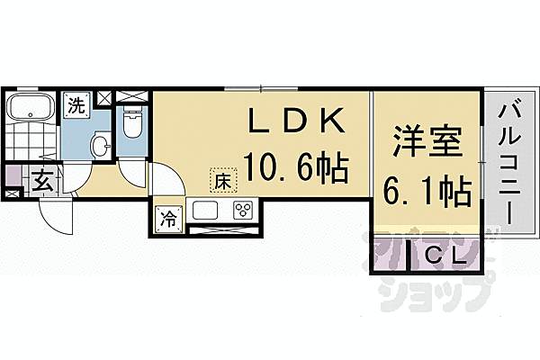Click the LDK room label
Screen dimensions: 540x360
(x=297, y=121)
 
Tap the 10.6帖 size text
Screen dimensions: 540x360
(x=296, y=168)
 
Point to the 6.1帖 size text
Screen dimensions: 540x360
(x=427, y=191)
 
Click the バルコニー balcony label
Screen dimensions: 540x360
(x=509, y=165)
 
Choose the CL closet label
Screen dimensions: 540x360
(x=446, y=256)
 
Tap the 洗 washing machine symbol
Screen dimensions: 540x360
(x=76, y=106)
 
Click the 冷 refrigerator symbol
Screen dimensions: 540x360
(x=169, y=220)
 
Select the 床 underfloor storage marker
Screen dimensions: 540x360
(x=223, y=180)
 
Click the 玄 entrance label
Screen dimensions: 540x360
(x=42, y=181)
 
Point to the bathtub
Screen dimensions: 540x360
(x=31, y=106)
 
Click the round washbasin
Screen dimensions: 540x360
(x=101, y=146)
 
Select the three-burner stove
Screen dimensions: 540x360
(x=243, y=210)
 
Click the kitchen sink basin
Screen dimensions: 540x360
(x=205, y=210)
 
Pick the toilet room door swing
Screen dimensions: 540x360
(x=132, y=174)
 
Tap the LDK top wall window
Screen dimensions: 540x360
(x=261, y=88)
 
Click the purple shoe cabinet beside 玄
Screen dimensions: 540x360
(x=13, y=176)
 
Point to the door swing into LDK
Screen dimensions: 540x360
(x=169, y=178)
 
